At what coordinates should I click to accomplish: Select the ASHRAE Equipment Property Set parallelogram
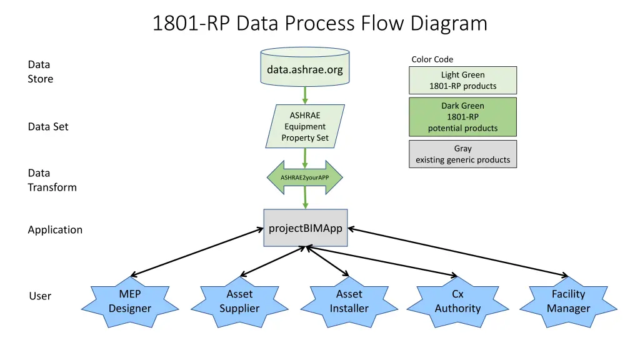(305, 126)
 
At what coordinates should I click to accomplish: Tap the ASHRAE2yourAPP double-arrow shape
(305, 177)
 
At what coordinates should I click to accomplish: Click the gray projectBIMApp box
(305, 228)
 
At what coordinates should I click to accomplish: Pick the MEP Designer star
(130, 301)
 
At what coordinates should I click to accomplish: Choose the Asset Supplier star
(239, 301)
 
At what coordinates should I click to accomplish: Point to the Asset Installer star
(349, 301)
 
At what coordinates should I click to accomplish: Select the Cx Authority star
(457, 301)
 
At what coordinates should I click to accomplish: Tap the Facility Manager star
(568, 301)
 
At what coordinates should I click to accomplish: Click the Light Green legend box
(462, 80)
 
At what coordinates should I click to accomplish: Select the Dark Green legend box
(462, 117)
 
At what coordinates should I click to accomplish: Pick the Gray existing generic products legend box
(462, 154)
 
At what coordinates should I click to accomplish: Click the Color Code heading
(432, 59)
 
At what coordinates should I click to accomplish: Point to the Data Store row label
(40, 71)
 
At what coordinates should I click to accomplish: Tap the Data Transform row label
(52, 180)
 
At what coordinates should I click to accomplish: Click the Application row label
(55, 229)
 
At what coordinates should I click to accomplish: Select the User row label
(40, 296)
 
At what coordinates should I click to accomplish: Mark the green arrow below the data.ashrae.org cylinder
(305, 94)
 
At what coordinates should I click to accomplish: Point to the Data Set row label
(48, 126)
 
